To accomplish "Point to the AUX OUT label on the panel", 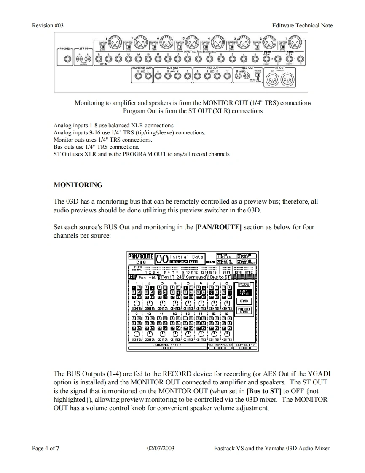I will pyautogui.click(x=212, y=67).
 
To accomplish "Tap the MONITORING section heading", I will pyautogui.click(x=78, y=185).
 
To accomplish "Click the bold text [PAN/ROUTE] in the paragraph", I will pyautogui.click(x=218, y=227).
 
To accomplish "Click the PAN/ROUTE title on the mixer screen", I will pyautogui.click(x=140, y=256).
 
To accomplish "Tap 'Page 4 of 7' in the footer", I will pyautogui.click(x=46, y=448).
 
